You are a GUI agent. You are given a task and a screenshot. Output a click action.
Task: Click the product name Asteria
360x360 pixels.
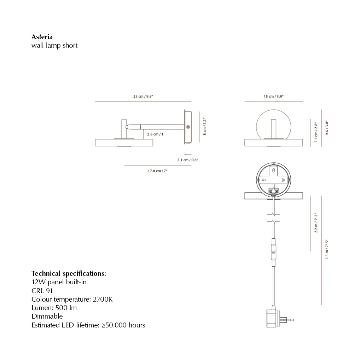coord(42,37)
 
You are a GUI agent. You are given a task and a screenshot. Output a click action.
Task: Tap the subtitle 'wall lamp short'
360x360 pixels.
coord(54,46)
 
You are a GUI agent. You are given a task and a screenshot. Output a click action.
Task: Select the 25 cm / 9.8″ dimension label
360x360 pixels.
coord(143,97)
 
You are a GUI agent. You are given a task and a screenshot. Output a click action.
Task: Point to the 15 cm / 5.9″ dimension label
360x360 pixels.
coord(274,97)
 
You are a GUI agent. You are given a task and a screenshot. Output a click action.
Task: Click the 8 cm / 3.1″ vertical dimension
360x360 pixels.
coord(205,126)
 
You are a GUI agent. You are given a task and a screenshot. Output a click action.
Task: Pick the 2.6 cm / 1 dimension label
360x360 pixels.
coord(155,134)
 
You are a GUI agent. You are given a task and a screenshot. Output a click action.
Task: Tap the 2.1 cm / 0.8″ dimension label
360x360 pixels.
coord(187,160)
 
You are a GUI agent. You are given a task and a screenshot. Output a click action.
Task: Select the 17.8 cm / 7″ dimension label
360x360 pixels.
coord(157,171)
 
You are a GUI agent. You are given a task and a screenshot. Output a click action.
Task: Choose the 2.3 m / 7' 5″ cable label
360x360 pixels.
coord(327,249)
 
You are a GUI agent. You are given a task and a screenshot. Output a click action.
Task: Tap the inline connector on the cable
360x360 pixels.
coord(273,253)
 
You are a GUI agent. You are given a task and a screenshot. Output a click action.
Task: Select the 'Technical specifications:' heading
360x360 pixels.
coord(69,273)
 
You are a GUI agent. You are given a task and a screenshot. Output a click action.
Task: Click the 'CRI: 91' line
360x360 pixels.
coord(42,291)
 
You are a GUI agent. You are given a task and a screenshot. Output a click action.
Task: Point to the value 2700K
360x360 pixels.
coord(103,299)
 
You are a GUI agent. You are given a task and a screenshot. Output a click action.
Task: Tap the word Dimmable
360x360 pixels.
coord(47,316)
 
